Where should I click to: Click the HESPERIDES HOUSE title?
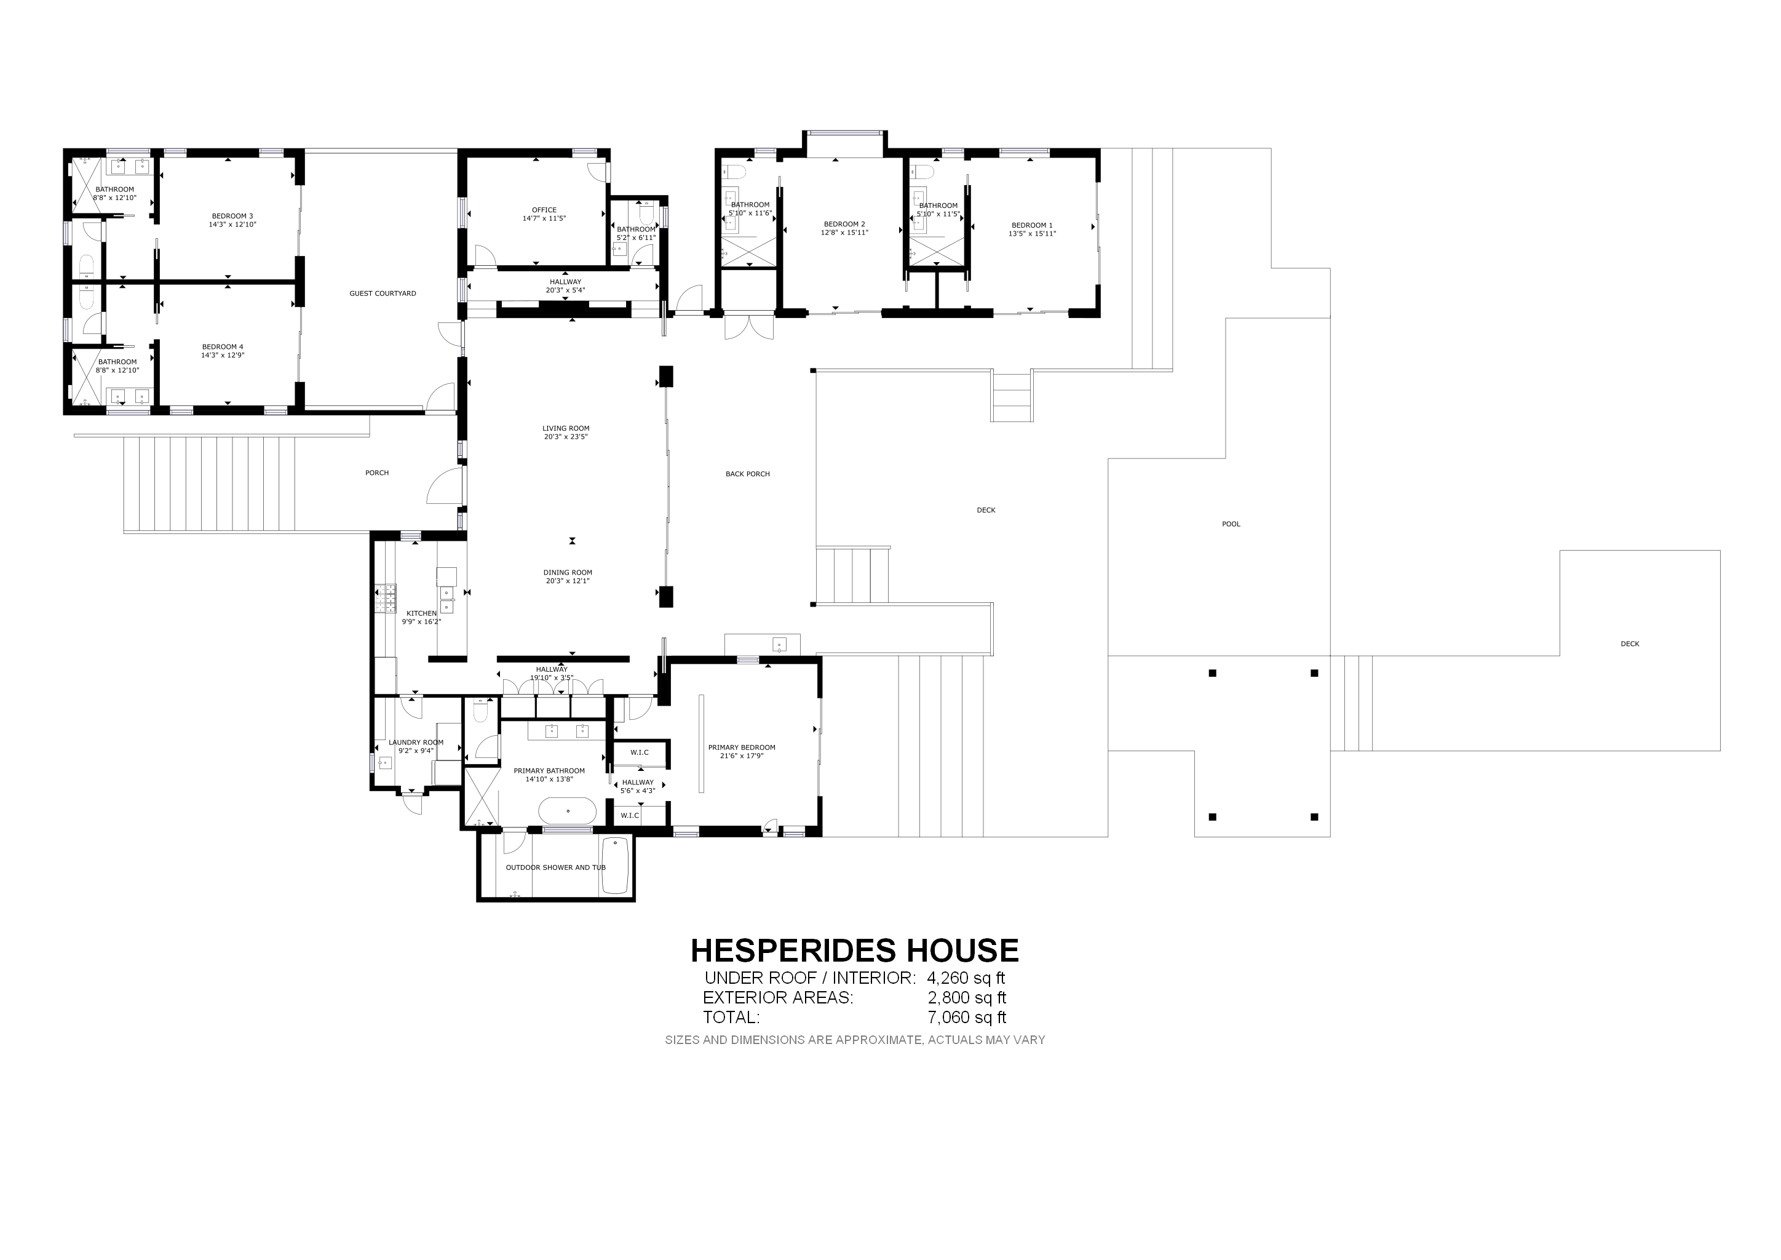point(854,951)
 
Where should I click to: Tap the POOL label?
point(1231,524)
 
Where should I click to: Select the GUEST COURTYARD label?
point(383,294)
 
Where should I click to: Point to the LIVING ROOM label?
point(566,428)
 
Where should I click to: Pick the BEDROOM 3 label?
point(232,217)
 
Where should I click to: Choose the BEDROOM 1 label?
point(1032,226)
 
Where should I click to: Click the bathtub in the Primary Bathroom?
point(568,811)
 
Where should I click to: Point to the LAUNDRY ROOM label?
point(416,743)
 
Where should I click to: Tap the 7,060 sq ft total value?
point(967,1017)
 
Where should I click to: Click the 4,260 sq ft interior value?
point(966,978)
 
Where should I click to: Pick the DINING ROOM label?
point(568,573)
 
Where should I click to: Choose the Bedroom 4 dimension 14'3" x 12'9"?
point(223,356)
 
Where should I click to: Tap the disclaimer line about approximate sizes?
point(855,1040)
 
